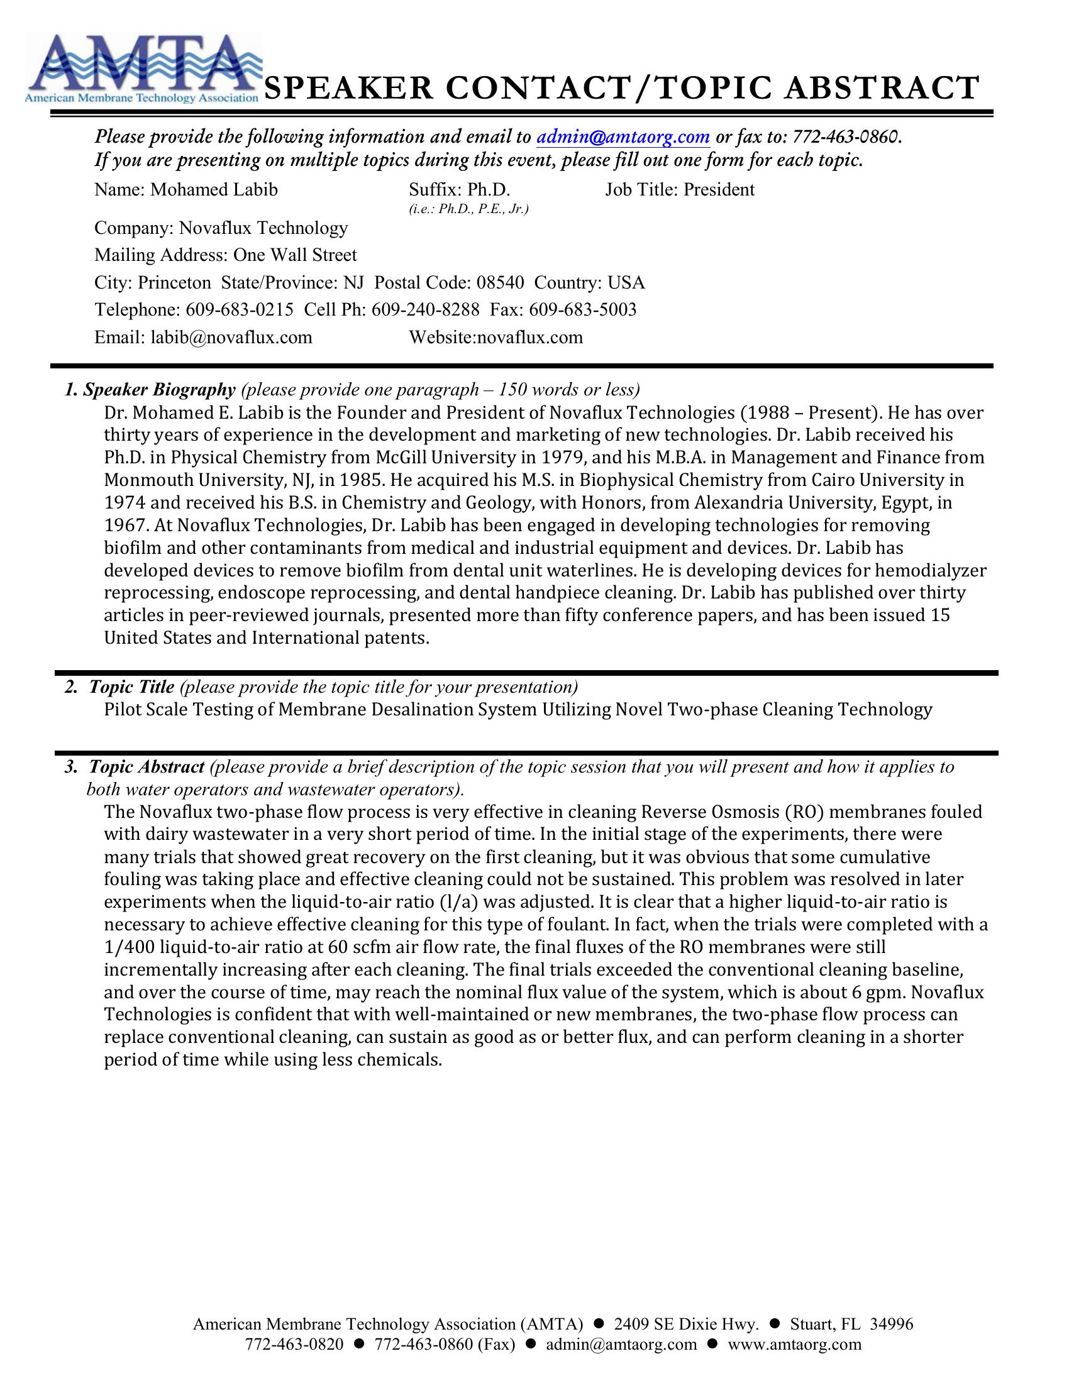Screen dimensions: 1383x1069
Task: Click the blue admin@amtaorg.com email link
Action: (623, 136)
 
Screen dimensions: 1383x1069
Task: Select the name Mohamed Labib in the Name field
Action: (213, 190)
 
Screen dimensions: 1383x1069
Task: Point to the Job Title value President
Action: (719, 190)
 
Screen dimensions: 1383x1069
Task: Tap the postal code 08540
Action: (501, 282)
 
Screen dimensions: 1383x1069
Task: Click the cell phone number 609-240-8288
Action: (426, 310)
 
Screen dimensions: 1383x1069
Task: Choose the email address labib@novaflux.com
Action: (231, 337)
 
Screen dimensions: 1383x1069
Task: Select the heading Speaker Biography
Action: (159, 390)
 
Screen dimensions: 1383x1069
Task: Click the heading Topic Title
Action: (131, 687)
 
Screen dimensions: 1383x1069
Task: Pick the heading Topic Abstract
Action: (147, 767)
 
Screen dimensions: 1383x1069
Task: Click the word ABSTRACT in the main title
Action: (882, 88)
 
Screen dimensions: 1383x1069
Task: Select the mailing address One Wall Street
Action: (295, 255)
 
